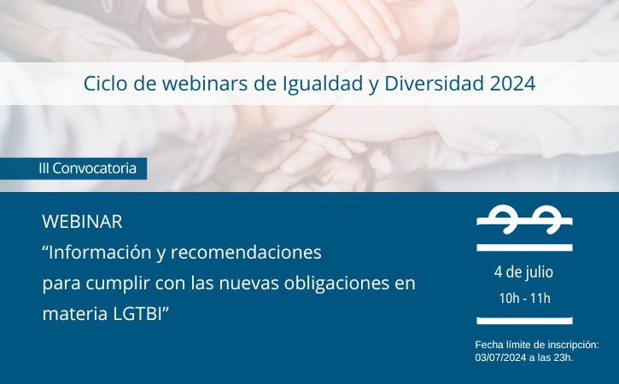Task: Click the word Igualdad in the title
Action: coord(323,84)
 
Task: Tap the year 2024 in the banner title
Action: coord(512,84)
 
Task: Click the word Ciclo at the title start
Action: coord(105,84)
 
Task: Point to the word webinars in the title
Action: coord(205,84)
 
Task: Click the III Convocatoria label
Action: coord(87,168)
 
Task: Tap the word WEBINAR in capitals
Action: coord(82,222)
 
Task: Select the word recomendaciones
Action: coord(247,253)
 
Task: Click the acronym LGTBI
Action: coord(137,314)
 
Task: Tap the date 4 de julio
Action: coord(523,272)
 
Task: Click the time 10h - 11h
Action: coord(524,299)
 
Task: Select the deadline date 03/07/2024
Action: coord(500,358)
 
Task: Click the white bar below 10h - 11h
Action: coord(524,321)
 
